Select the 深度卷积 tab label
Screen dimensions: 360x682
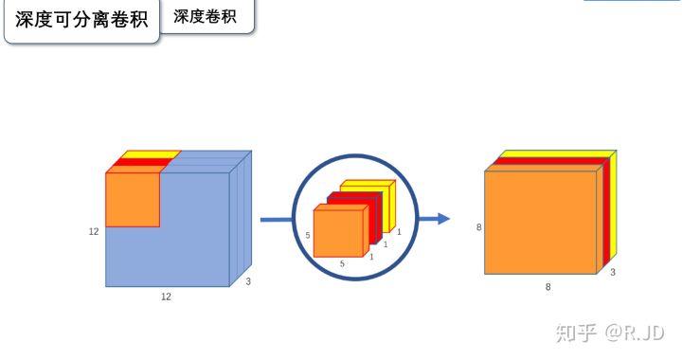point(206,17)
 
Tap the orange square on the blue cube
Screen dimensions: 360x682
point(132,199)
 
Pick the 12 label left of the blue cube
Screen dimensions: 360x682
point(94,230)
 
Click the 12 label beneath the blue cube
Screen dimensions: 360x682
point(166,297)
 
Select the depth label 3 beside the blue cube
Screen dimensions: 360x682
point(248,281)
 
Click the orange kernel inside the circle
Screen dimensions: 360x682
point(338,232)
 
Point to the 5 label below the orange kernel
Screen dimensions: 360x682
point(342,264)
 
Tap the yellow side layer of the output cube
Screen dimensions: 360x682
point(613,208)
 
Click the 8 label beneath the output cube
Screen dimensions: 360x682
point(547,286)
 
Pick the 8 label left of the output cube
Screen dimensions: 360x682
point(479,227)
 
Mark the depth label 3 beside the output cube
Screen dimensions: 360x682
point(612,272)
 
